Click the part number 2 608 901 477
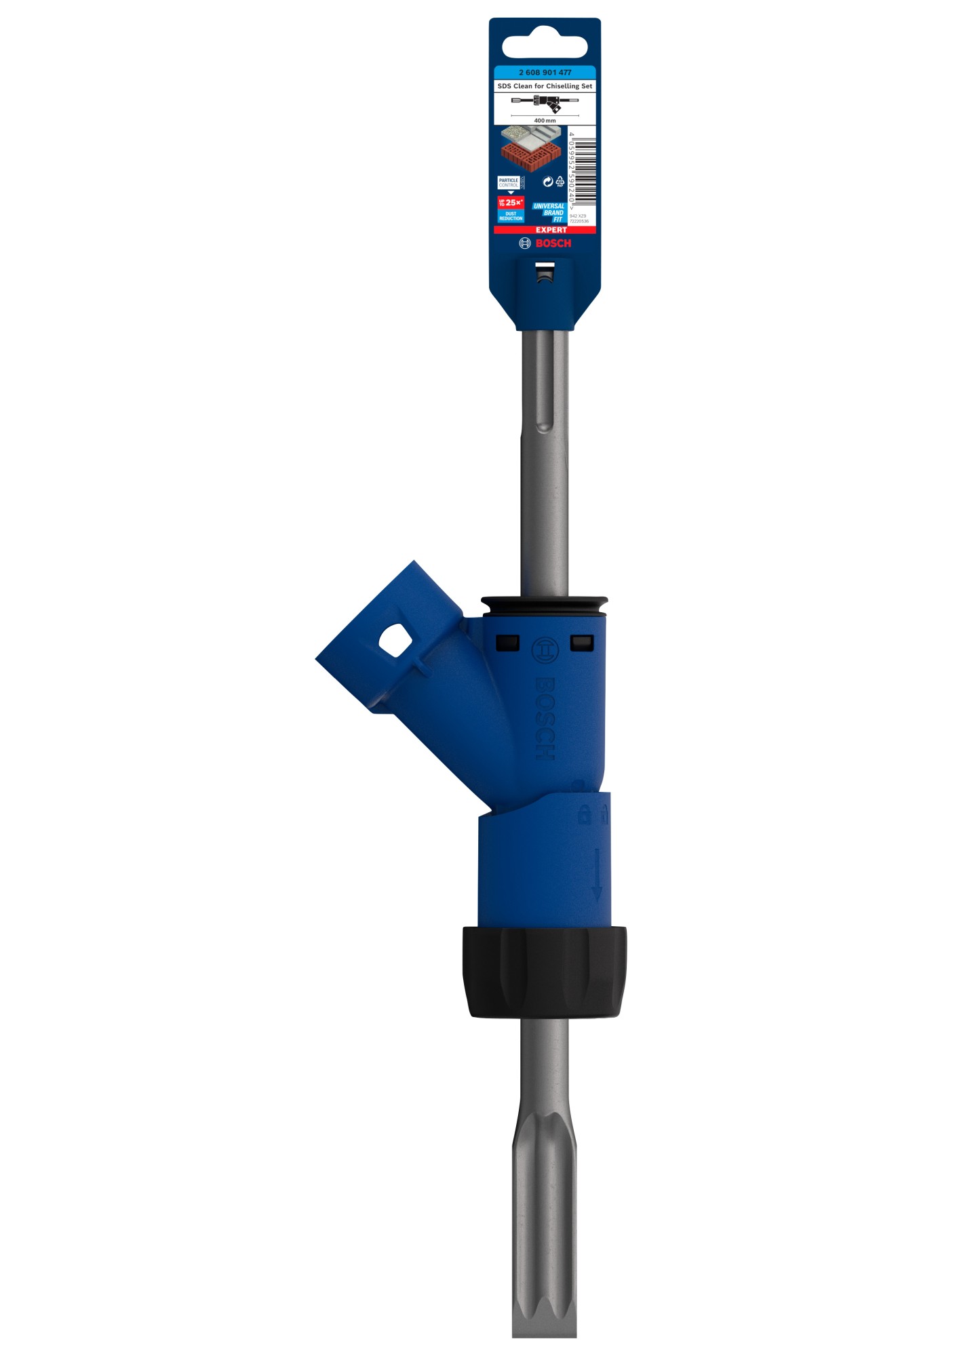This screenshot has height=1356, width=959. (545, 73)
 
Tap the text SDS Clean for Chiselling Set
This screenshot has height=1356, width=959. (545, 86)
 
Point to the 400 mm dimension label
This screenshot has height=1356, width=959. (545, 120)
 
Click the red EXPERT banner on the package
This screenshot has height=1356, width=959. (551, 230)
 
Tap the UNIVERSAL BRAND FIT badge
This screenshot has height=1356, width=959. (549, 213)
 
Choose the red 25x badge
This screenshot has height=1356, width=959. (511, 202)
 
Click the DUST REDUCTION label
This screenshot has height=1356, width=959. (511, 216)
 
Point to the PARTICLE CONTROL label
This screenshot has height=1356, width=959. (509, 182)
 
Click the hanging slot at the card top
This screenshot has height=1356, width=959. (545, 47)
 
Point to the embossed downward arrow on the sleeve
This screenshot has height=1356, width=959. (597, 874)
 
